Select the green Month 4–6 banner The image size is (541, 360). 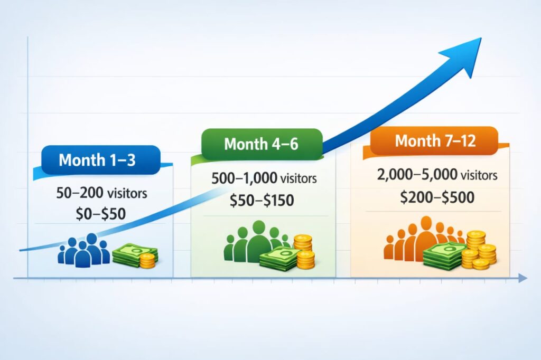(x=261, y=143)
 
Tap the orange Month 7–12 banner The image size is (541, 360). (x=435, y=141)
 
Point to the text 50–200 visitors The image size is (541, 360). (x=101, y=193)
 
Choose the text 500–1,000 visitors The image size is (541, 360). (x=264, y=178)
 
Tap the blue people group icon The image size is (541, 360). (x=83, y=250)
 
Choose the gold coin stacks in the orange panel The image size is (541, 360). (x=479, y=249)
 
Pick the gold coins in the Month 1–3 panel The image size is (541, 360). (x=148, y=261)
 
